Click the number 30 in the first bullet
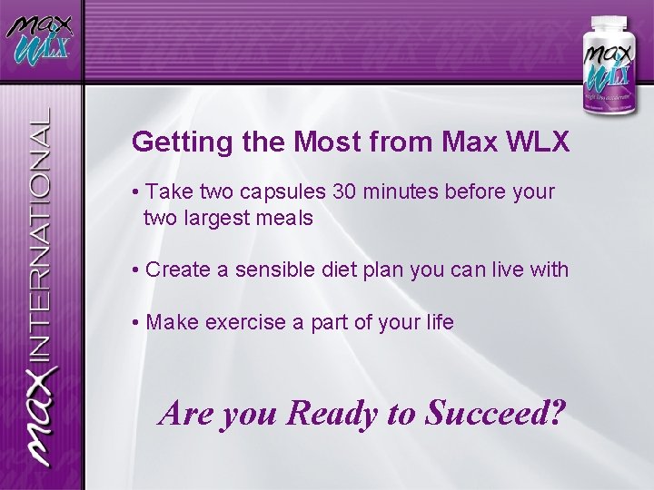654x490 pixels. (x=345, y=192)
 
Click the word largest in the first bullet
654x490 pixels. (x=214, y=218)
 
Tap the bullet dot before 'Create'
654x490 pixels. (x=134, y=269)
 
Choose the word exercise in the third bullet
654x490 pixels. (x=237, y=322)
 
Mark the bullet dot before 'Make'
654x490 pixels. (x=134, y=322)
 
